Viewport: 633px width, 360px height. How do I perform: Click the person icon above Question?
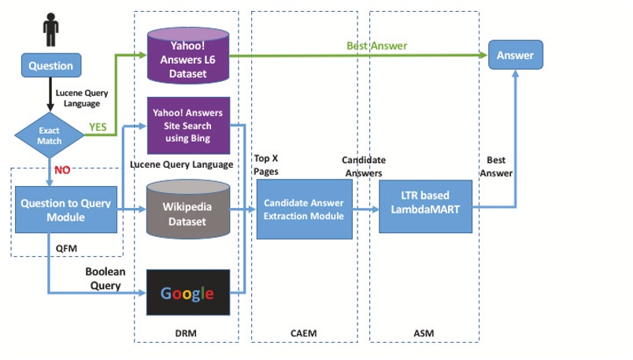[51, 29]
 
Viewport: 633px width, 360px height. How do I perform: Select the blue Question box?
[50, 66]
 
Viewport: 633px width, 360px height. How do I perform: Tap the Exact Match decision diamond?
[49, 135]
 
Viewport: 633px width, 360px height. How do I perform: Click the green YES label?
[98, 126]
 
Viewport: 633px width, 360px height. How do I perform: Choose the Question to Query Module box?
[67, 210]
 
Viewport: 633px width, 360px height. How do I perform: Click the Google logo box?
[187, 294]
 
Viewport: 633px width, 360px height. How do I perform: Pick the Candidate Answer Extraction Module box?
[304, 209]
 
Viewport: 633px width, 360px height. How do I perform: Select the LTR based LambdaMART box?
[425, 206]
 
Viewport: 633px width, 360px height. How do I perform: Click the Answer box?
[515, 55]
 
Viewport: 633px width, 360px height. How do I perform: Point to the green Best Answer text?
[377, 46]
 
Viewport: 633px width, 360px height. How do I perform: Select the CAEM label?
[303, 334]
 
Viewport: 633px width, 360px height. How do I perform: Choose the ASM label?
[424, 334]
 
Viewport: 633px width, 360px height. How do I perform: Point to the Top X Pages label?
[266, 165]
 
